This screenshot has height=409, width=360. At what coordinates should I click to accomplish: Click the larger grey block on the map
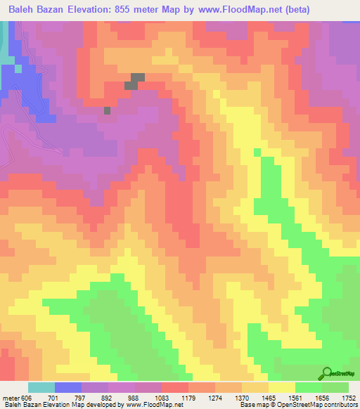click(x=136, y=81)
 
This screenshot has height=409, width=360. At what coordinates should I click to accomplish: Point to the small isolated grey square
click(x=107, y=110)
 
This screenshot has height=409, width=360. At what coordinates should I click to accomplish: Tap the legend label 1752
click(x=348, y=398)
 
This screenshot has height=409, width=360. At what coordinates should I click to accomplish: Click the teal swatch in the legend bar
click(x=41, y=387)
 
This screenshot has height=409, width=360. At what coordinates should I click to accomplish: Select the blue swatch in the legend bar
click(x=67, y=387)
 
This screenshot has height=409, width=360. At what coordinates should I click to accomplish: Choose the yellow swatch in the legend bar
click(x=281, y=387)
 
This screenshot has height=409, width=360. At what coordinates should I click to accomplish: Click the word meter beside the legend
click(x=11, y=398)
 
